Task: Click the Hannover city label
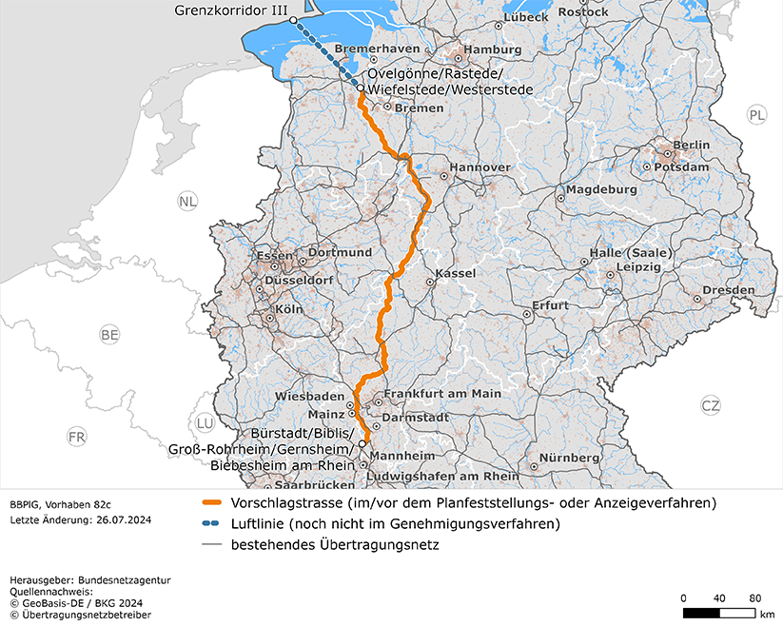480,167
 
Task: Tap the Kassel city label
455,274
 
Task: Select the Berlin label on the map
692,145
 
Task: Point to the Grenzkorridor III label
232,10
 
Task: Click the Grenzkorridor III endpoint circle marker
293,20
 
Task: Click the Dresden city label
729,290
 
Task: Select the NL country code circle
187,201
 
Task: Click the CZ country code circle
711,404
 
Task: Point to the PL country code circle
756,115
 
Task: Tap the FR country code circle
77,437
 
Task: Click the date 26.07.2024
123,520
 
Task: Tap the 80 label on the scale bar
755,597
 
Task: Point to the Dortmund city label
340,253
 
